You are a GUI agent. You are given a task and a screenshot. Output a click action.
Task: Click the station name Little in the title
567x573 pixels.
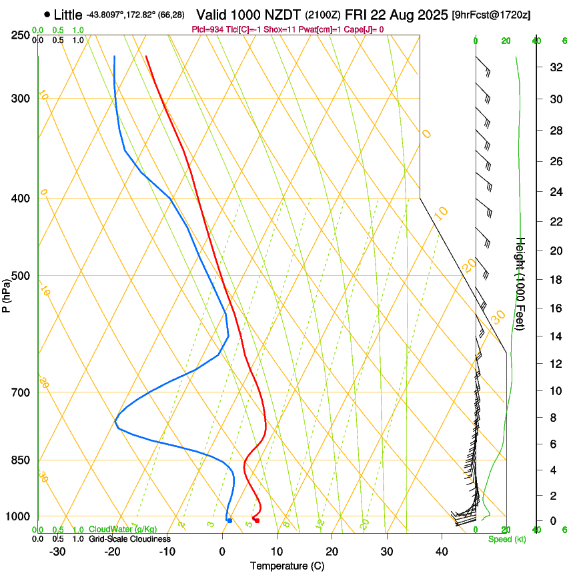pyautogui.click(x=68, y=14)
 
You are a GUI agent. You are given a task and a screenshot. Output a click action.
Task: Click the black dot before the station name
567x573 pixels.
pyautogui.click(x=47, y=14)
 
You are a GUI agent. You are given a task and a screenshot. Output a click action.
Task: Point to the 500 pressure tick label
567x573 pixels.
pyautogui.click(x=21, y=276)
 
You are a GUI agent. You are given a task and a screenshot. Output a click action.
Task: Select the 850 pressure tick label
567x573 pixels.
pyautogui.click(x=21, y=460)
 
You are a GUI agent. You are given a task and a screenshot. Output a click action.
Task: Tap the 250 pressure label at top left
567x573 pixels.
pyautogui.click(x=21, y=35)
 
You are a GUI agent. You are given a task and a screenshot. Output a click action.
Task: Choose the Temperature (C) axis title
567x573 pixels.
pyautogui.click(x=287, y=566)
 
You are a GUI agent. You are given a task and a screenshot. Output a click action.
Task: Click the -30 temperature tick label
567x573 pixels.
pyautogui.click(x=57, y=552)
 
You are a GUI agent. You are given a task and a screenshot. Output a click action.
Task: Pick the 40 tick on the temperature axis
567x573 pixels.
pyautogui.click(x=441, y=552)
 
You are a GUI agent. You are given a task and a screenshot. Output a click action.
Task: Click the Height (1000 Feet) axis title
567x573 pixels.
pyautogui.click(x=521, y=284)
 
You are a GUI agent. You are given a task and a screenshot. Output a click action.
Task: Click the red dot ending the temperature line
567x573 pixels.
pyautogui.click(x=257, y=520)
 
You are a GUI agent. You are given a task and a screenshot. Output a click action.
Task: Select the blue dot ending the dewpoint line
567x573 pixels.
pyautogui.click(x=229, y=520)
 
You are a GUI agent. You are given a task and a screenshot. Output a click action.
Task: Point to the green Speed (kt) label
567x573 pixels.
pyautogui.click(x=507, y=539)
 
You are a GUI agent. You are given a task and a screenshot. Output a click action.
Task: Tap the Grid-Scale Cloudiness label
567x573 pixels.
pyautogui.click(x=129, y=539)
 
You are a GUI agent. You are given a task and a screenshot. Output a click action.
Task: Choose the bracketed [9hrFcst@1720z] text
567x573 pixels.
pyautogui.click(x=492, y=15)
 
